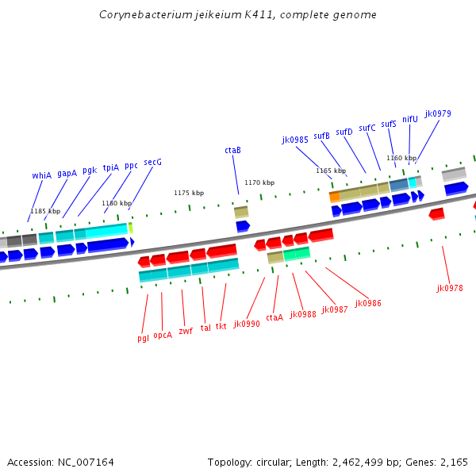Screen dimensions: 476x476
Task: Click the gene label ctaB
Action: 232,150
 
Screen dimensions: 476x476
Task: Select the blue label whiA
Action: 41,175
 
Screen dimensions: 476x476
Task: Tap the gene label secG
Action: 152,162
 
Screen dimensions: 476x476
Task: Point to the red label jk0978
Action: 449,288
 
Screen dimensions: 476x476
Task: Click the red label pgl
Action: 143,338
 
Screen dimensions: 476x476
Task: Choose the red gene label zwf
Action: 186,331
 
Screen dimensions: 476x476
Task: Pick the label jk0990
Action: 247,324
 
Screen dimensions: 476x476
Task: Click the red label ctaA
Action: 274,317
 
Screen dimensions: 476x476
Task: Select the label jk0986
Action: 368,303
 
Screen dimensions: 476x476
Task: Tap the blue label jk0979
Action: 437,113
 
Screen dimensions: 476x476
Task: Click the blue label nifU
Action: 409,119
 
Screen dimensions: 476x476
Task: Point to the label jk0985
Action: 295,140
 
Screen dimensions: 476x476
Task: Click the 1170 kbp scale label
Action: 259,182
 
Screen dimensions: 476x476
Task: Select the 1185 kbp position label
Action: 45,211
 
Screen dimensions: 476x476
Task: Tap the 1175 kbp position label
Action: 189,193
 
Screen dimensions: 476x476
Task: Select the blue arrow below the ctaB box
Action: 243,226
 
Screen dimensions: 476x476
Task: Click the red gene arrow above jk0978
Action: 436,214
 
